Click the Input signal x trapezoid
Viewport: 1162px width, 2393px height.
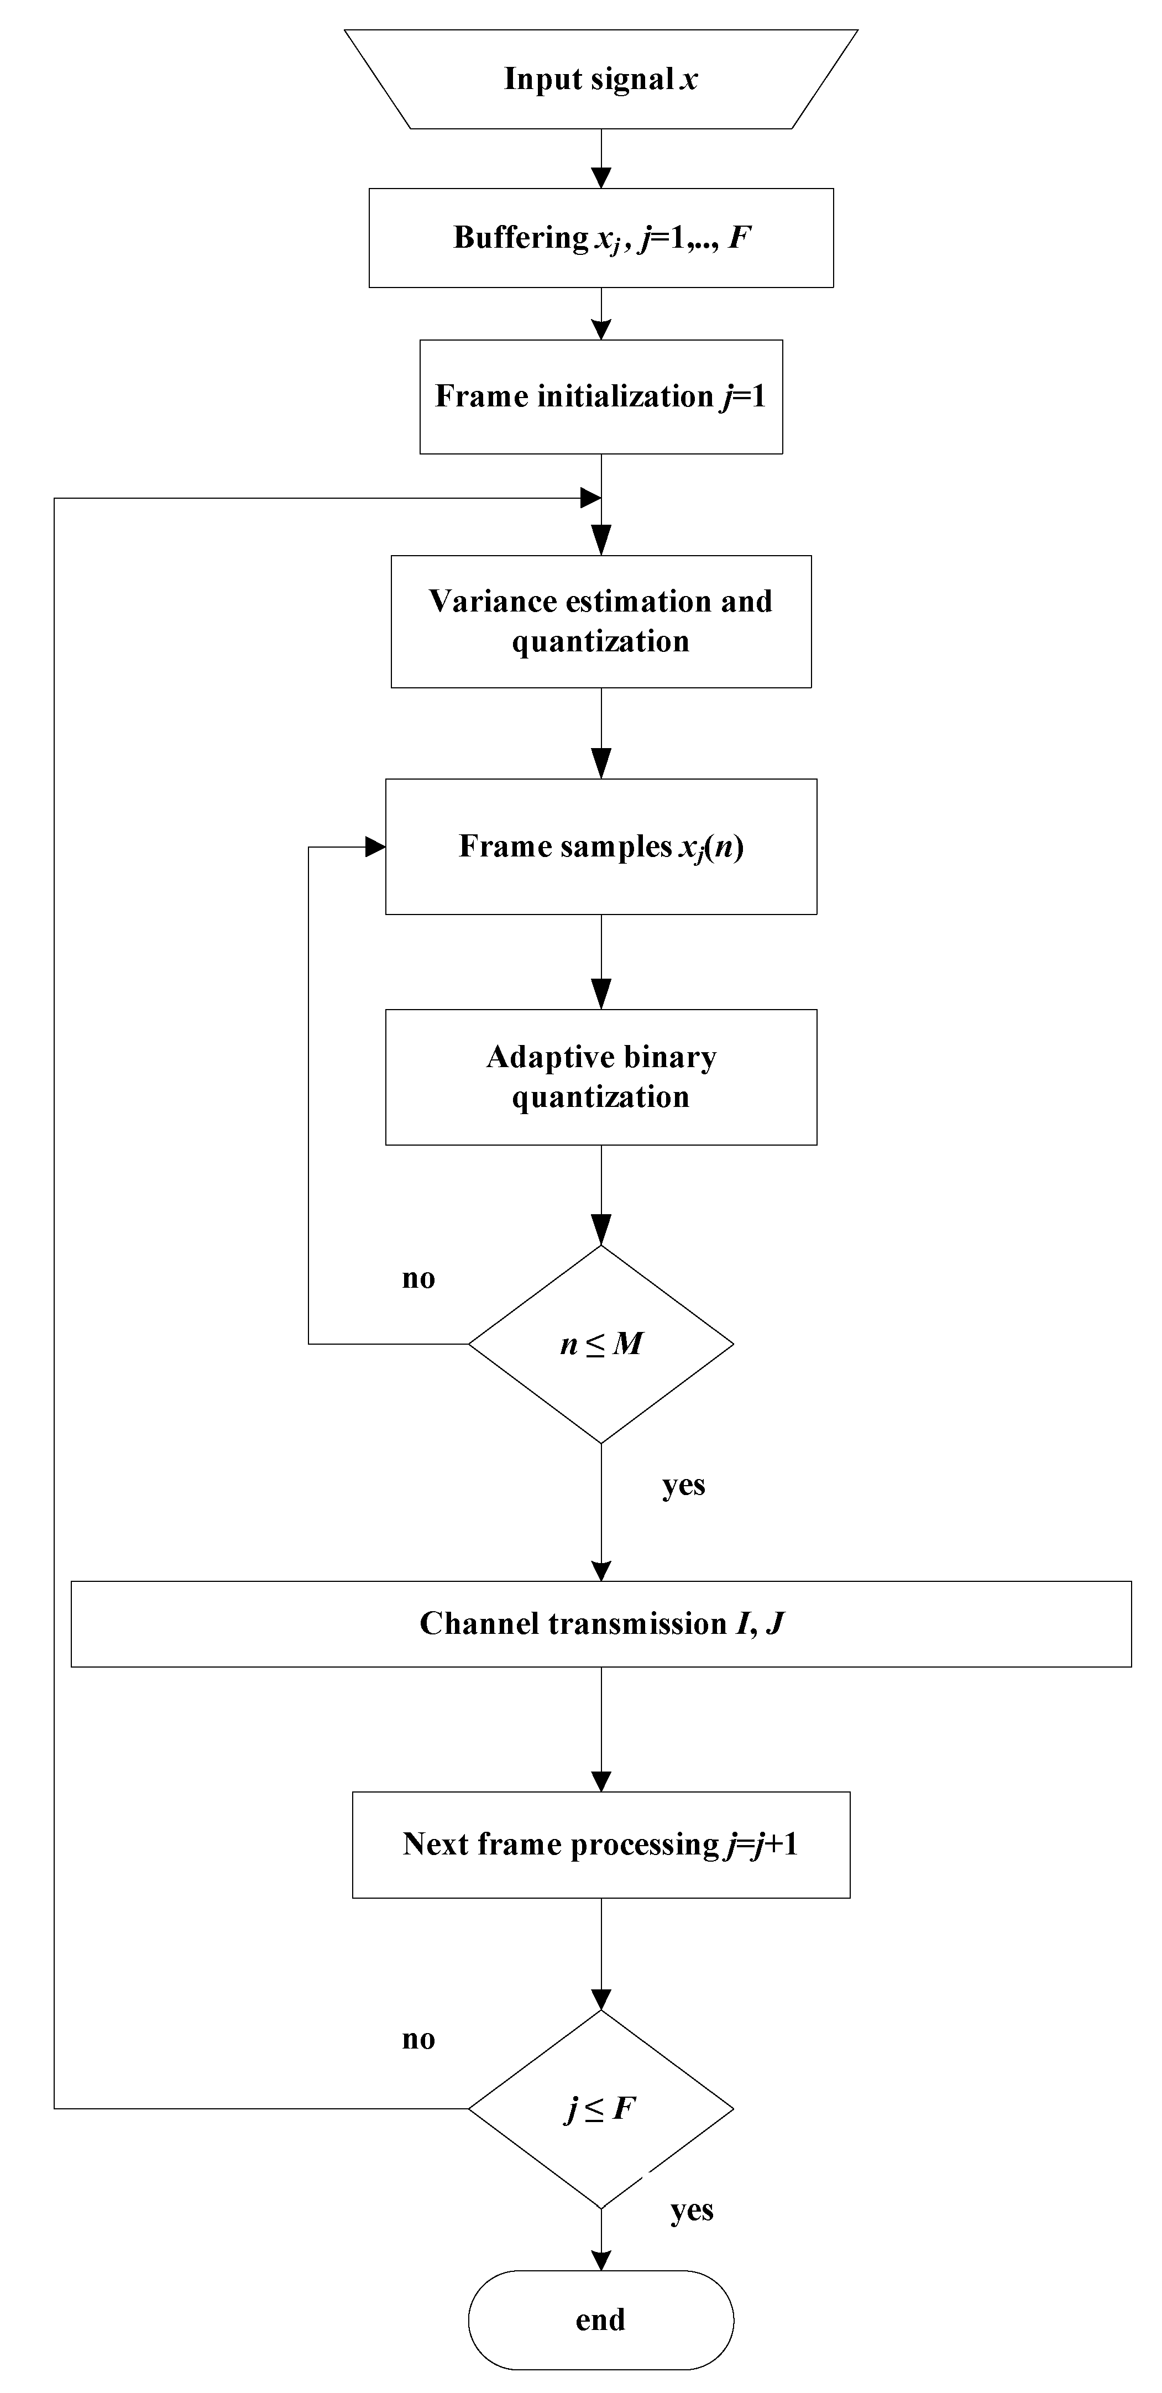[x=601, y=79]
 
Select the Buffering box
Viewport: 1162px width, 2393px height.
[x=601, y=238]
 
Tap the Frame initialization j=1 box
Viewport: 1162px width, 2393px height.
[x=601, y=396]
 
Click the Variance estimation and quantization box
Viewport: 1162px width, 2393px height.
[x=601, y=621]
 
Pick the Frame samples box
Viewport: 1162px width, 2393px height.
[x=601, y=847]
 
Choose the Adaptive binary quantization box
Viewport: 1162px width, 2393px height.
[x=601, y=1077]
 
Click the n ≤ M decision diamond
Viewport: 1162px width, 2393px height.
[x=601, y=1343]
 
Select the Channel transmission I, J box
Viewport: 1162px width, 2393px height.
[x=601, y=1624]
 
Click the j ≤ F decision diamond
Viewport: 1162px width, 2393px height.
[x=601, y=2109]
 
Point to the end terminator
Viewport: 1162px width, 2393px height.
[x=601, y=2319]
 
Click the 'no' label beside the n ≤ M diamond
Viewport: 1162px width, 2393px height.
[x=418, y=1279]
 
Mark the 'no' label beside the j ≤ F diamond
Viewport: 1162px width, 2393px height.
[x=418, y=2039]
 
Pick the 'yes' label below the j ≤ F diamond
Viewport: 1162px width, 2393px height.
[x=692, y=2210]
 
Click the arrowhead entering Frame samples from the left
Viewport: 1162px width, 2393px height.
[x=375, y=847]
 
